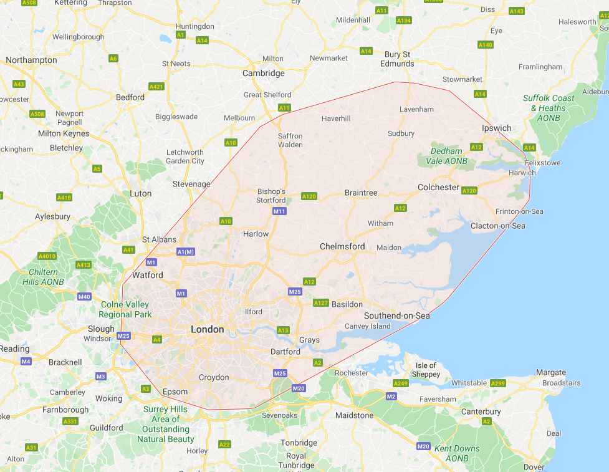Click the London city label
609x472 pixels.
207,329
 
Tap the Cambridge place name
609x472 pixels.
263,73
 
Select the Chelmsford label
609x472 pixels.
342,246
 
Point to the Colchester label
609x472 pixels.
438,187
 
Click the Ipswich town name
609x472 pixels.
496,128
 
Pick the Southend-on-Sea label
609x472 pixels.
397,315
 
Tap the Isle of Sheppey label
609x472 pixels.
426,370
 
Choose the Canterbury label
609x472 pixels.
481,412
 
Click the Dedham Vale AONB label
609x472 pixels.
445,156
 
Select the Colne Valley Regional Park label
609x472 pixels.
125,309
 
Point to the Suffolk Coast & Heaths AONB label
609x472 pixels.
549,108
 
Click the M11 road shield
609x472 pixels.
279,211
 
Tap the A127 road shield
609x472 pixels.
320,303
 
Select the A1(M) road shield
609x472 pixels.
186,251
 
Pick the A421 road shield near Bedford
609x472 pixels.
156,86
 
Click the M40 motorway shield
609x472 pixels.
84,296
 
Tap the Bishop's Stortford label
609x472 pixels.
271,196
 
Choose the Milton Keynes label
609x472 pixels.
64,133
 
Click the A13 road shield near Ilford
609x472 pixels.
283,330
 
